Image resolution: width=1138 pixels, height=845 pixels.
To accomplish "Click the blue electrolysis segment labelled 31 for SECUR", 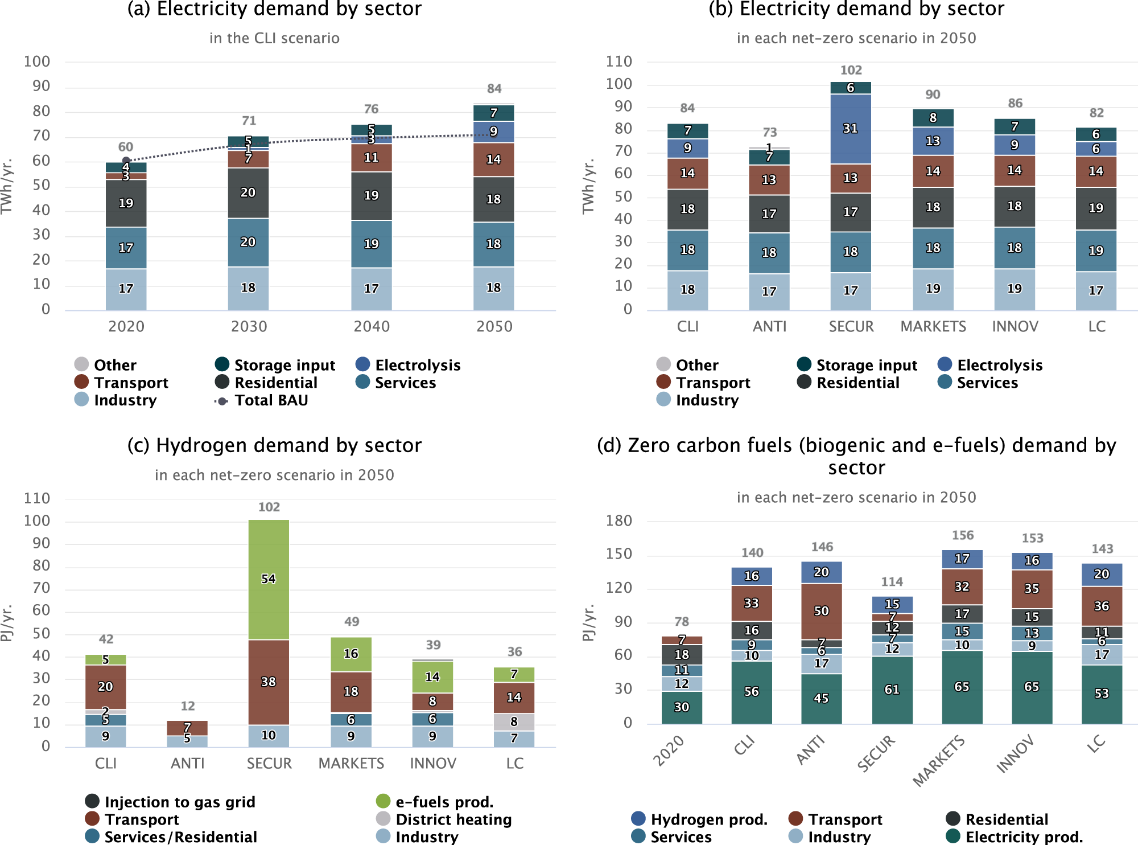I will tap(850, 129).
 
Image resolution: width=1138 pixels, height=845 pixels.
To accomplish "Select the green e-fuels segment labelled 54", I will tap(269, 579).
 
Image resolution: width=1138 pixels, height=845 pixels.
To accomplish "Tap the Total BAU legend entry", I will tap(261, 400).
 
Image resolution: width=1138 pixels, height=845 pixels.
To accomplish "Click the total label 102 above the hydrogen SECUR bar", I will tap(269, 507).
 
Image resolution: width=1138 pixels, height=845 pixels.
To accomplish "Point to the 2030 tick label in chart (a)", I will tap(249, 326).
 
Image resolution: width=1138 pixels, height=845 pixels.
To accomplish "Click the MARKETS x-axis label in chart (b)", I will tap(933, 326).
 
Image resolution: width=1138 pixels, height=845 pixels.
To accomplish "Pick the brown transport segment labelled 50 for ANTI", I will tap(821, 611).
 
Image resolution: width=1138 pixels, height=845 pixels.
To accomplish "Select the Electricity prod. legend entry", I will tap(1013, 836).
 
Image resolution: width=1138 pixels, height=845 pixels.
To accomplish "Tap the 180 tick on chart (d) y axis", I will tap(619, 520).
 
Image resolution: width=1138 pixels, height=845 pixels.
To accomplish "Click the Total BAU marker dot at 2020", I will tap(126, 161).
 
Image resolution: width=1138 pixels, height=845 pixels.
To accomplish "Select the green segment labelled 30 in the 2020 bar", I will tap(682, 707).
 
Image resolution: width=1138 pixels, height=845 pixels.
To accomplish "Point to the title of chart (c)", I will tap(274, 445).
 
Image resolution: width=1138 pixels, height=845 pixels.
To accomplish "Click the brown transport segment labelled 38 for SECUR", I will tap(269, 682).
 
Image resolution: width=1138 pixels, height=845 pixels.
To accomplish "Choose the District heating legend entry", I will tap(443, 819).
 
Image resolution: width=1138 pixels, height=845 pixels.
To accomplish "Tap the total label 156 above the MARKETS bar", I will tap(963, 535).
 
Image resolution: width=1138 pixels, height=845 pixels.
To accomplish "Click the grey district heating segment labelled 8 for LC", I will tap(514, 721).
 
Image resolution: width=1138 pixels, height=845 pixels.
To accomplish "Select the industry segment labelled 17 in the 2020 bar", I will tap(126, 289).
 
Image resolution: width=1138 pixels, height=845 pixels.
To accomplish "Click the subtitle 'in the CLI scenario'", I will tap(274, 38).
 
